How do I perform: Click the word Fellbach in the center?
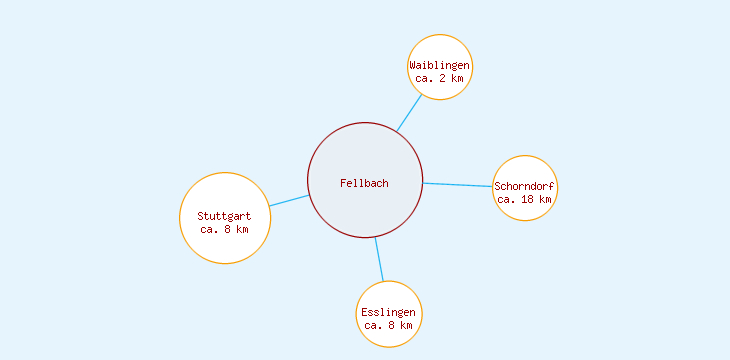point(364,183)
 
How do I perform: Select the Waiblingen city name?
point(439,66)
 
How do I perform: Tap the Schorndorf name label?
point(525,186)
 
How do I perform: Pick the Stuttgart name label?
point(224,216)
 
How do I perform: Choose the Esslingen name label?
point(388,313)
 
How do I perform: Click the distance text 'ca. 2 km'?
point(439,78)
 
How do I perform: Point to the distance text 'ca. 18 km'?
point(525,199)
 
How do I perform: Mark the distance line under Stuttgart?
point(224,229)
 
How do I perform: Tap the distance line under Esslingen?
point(388,325)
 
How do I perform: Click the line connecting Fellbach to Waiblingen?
point(409,113)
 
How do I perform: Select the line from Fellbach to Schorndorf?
point(458,185)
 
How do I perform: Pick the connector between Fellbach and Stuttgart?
point(289,200)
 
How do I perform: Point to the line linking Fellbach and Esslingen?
point(379,259)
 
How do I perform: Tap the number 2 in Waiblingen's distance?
point(442,78)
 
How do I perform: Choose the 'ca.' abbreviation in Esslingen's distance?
point(373,325)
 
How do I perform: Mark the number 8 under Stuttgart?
point(227,229)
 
